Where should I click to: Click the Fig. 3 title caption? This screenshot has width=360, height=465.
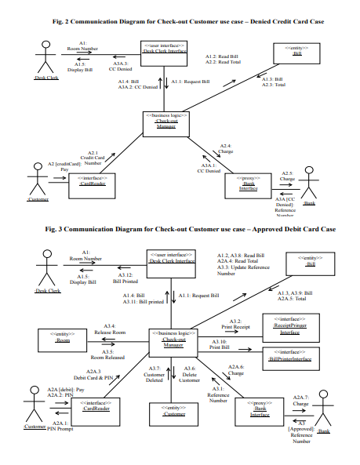pyautogui.click(x=180, y=229)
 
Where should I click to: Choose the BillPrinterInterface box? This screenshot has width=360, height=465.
pyautogui.click(x=290, y=357)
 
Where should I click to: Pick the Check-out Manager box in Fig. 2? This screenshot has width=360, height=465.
pyautogui.click(x=166, y=124)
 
